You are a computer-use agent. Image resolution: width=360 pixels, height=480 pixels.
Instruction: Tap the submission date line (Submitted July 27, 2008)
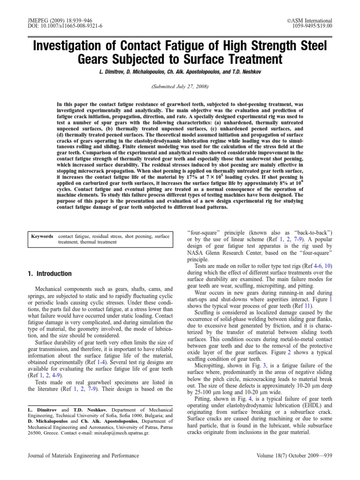click(x=180, y=87)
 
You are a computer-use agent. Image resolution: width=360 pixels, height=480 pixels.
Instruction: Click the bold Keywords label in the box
click(x=42, y=237)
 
